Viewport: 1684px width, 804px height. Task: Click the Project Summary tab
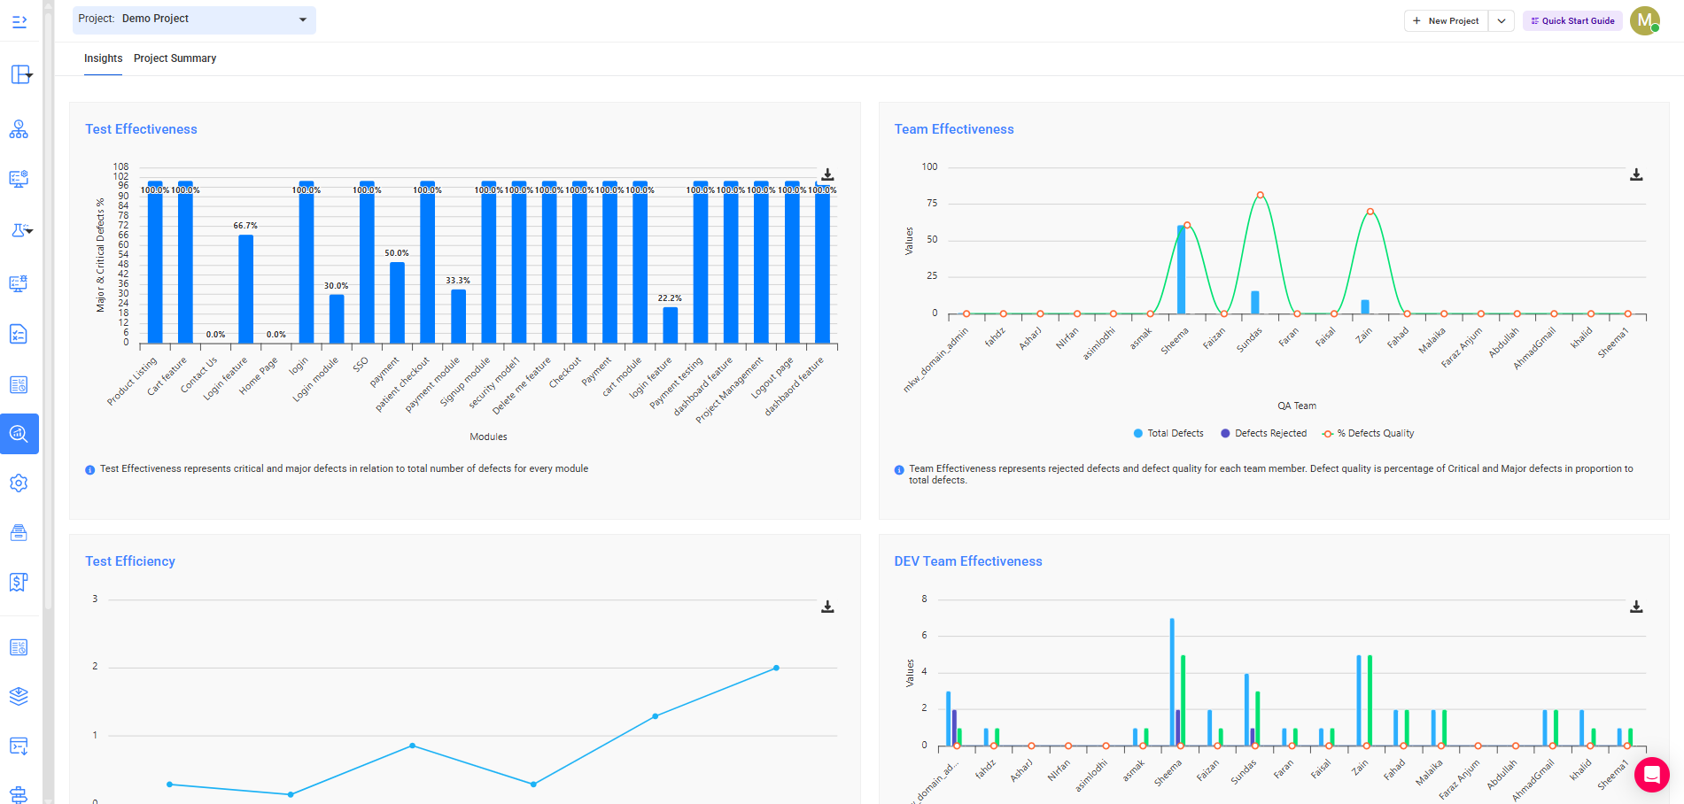pyautogui.click(x=175, y=58)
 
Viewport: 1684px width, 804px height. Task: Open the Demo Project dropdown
pyautogui.click(x=194, y=19)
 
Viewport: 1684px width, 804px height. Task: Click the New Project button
pyautogui.click(x=1446, y=20)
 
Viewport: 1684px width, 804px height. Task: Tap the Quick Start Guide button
pyautogui.click(x=1572, y=20)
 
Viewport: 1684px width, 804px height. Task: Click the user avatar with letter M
pyautogui.click(x=1644, y=20)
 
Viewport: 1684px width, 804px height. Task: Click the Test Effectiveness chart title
pyautogui.click(x=141, y=129)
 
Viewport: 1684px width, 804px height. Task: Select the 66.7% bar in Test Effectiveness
pyautogui.click(x=246, y=289)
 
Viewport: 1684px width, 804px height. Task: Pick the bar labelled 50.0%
pyautogui.click(x=397, y=302)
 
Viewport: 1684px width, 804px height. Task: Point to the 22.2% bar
pyautogui.click(x=670, y=324)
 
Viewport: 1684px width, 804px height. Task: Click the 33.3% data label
pyautogui.click(x=458, y=281)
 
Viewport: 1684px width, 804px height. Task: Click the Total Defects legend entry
pyautogui.click(x=1168, y=433)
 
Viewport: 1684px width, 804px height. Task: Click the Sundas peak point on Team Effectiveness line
pyautogui.click(x=1260, y=196)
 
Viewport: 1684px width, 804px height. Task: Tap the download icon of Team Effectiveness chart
pyautogui.click(x=1636, y=175)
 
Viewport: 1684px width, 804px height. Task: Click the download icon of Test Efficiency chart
pyautogui.click(x=827, y=607)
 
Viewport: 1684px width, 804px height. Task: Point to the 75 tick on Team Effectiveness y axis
pyautogui.click(x=931, y=203)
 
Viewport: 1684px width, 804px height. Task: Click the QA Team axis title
pyautogui.click(x=1296, y=406)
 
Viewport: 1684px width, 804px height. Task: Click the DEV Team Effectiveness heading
pyautogui.click(x=967, y=561)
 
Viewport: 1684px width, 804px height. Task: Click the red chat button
pyautogui.click(x=1651, y=775)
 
